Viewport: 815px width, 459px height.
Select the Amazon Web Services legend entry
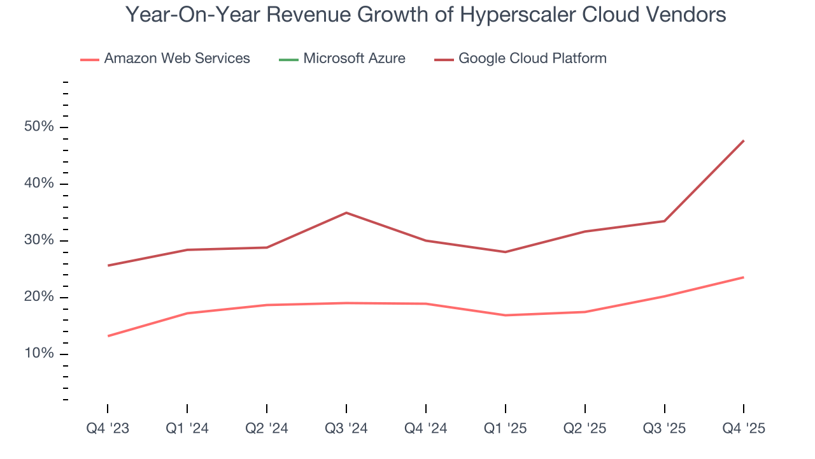tap(176, 59)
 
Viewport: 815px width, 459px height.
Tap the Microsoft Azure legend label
tap(354, 59)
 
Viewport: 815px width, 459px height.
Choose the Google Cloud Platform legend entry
tap(532, 59)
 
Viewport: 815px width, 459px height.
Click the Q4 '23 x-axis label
tap(108, 428)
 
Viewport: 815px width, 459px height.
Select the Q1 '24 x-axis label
tap(187, 428)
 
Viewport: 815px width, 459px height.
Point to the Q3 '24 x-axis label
tap(346, 428)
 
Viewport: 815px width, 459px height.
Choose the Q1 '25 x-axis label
tap(505, 428)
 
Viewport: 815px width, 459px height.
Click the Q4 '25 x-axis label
tap(744, 428)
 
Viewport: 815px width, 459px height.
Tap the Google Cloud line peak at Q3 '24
tap(346, 212)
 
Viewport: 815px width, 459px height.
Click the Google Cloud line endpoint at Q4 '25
tap(744, 140)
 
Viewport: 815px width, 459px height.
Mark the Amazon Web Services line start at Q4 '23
tap(108, 336)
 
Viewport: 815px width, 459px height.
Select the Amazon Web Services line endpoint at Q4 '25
tap(744, 277)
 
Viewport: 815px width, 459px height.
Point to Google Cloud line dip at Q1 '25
tap(505, 252)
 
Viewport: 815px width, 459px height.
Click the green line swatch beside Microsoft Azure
tap(288, 59)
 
